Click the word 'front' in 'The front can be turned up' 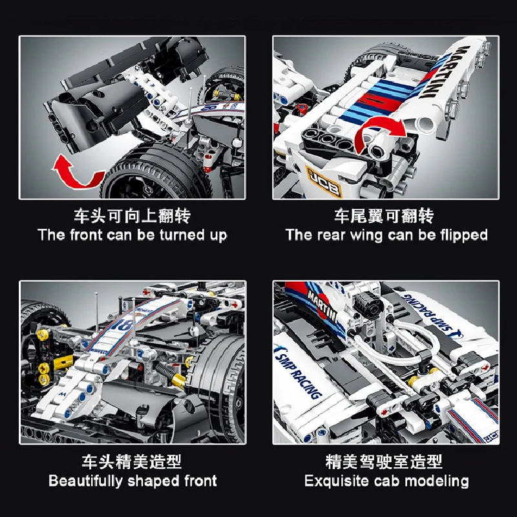87,235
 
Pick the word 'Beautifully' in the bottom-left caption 85,481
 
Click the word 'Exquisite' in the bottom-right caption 336,481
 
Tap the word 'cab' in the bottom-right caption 386,481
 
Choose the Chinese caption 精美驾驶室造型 386,461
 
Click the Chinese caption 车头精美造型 132,461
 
